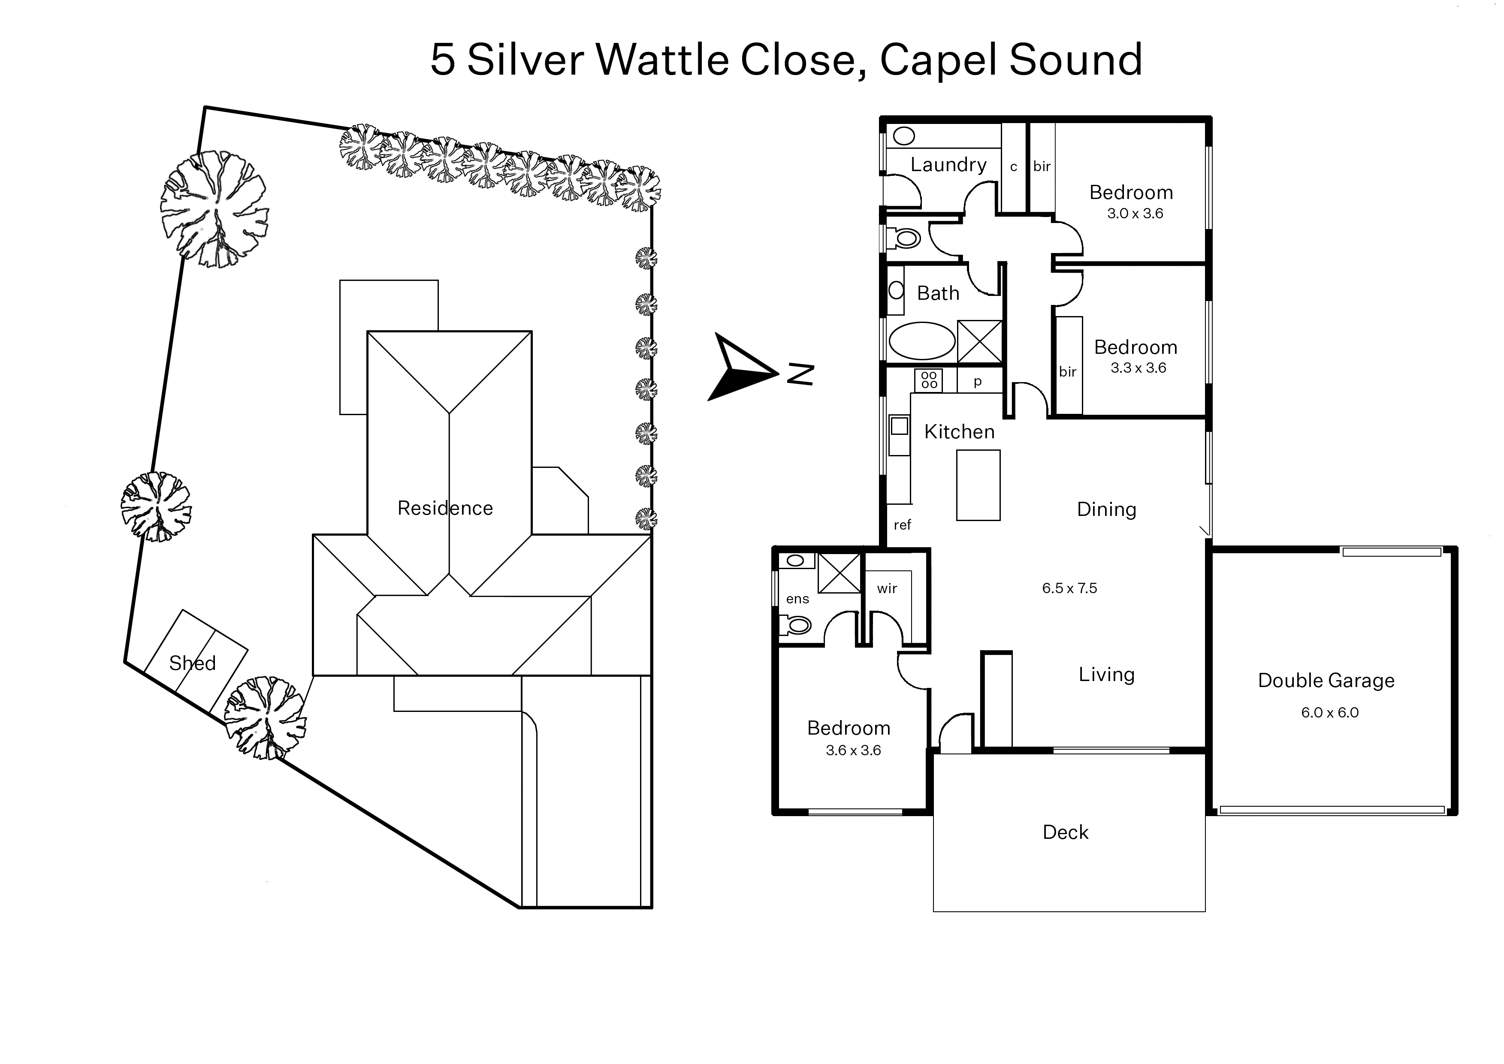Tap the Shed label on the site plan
click(x=192, y=663)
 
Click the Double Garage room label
click(x=1326, y=681)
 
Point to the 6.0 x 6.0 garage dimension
click(x=1330, y=713)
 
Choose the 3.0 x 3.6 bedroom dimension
click(x=1135, y=214)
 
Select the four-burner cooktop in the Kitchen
click(x=929, y=380)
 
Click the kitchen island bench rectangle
click(x=978, y=485)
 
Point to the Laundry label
click(x=948, y=164)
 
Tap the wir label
click(x=887, y=589)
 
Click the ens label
click(x=797, y=599)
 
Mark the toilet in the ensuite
click(x=796, y=626)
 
